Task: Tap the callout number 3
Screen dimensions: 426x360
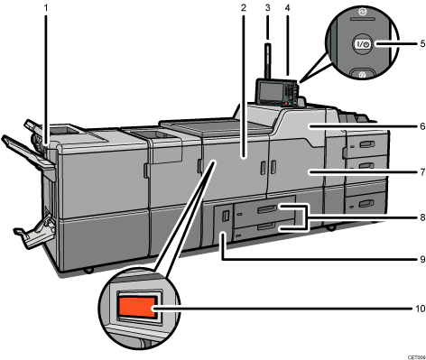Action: [x=267, y=8]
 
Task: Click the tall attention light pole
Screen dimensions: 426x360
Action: [x=268, y=54]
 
